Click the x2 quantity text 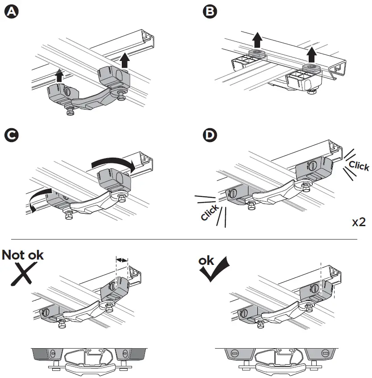(359, 222)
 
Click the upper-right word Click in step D (359, 166)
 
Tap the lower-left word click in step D (210, 212)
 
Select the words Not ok (23, 255)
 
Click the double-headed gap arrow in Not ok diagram (121, 259)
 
